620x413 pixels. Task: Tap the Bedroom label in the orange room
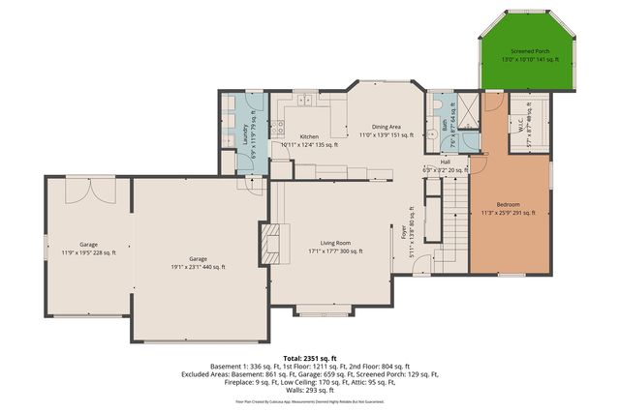(x=509, y=204)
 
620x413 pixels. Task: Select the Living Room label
(x=335, y=243)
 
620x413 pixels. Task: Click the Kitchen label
(x=309, y=136)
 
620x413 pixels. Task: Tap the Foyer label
(x=405, y=232)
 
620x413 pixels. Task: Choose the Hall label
(x=444, y=162)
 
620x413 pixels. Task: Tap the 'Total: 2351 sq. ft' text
(x=309, y=357)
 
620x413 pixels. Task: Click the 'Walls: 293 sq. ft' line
(x=309, y=389)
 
